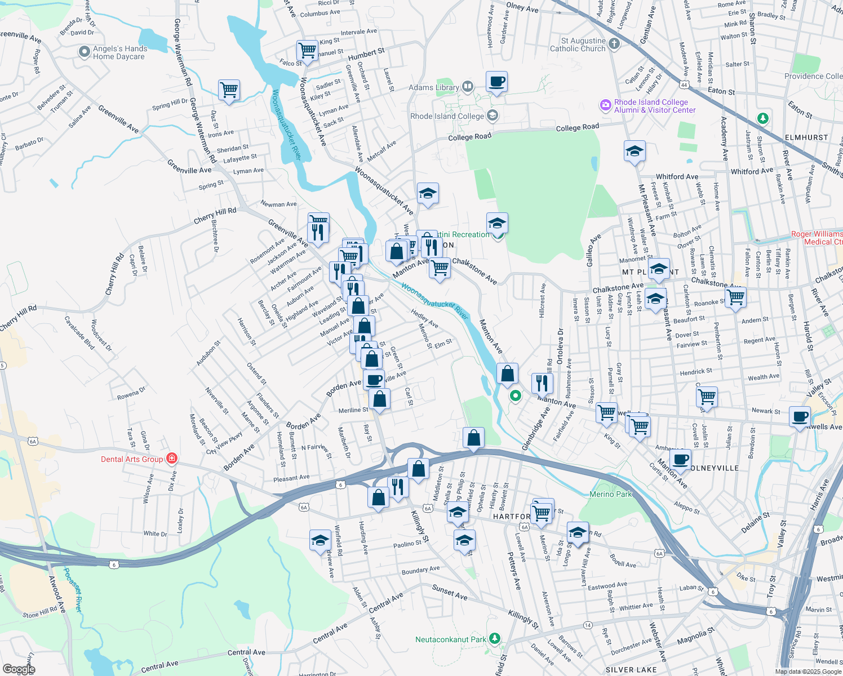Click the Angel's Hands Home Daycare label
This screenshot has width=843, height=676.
(119, 53)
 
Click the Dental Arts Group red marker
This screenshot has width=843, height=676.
(172, 459)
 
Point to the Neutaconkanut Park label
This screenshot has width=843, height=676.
(450, 640)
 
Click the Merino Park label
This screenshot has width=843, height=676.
(611, 494)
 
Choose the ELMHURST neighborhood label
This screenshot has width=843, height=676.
(806, 137)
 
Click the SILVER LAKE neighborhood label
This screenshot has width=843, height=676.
(631, 670)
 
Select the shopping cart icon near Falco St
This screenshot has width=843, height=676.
(307, 50)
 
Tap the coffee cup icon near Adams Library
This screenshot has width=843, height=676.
(496, 82)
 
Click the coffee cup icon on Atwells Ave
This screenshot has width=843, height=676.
(800, 417)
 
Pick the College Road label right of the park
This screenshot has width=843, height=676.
(577, 128)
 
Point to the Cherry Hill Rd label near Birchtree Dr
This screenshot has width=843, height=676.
(215, 215)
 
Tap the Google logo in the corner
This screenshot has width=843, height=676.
(19, 669)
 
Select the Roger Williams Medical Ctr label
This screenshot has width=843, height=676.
(817, 238)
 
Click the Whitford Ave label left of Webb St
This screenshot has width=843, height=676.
(677, 177)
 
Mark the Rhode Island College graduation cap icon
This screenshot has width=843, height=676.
(493, 116)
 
